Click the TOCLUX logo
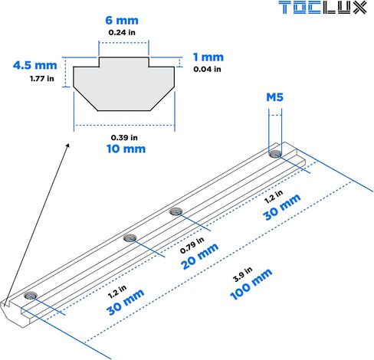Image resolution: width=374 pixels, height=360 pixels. (x=323, y=8)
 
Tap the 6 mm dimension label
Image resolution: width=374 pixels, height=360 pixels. (x=122, y=21)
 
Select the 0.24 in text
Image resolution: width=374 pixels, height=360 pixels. (x=122, y=32)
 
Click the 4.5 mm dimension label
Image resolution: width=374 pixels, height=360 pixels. (x=35, y=65)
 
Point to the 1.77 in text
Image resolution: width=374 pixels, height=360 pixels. (x=42, y=79)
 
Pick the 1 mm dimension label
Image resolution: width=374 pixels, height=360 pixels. (x=208, y=57)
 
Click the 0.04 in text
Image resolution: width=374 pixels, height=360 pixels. (x=207, y=69)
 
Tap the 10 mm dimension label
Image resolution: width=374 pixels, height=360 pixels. (x=126, y=149)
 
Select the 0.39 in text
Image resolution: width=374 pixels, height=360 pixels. (x=124, y=138)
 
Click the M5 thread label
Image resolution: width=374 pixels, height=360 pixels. (x=275, y=97)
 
